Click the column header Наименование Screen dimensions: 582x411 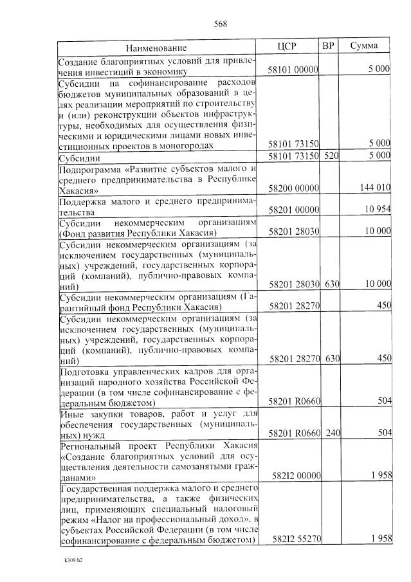pos(156,48)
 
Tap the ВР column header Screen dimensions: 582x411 pos(328,46)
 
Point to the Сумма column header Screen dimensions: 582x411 pos(364,46)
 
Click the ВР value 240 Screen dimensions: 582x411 pos(332,433)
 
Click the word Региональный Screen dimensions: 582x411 pos(92,445)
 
